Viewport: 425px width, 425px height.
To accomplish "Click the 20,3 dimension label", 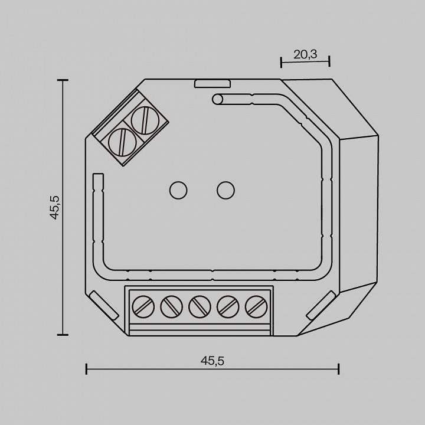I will coord(305,54).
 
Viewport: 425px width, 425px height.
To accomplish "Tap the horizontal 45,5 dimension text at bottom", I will coord(212,361).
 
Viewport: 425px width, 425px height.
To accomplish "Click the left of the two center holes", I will coord(178,190).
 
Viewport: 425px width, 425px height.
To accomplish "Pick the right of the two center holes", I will coord(224,190).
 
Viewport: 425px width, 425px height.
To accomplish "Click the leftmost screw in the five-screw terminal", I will coord(141,306).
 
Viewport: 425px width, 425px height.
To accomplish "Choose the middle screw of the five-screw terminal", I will coord(198,306).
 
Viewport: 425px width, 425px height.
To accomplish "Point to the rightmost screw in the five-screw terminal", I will coord(255,306).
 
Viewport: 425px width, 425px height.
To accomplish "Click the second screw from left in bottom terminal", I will coord(169,306).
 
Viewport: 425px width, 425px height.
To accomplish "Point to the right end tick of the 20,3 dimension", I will coord(329,60).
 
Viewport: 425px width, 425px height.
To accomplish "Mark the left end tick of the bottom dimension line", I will coord(87,369).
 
